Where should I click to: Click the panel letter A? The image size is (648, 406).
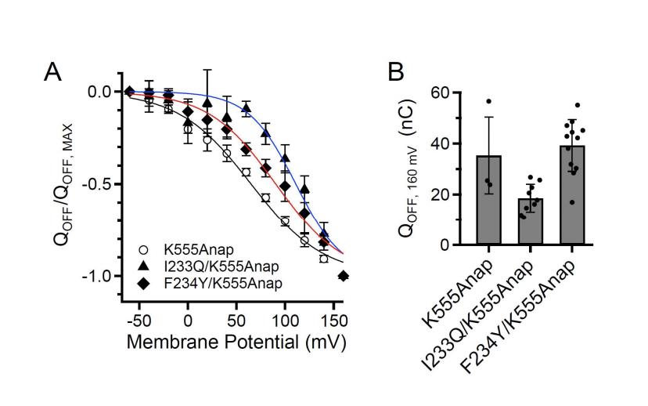52,72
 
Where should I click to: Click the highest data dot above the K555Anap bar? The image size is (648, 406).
488,102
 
